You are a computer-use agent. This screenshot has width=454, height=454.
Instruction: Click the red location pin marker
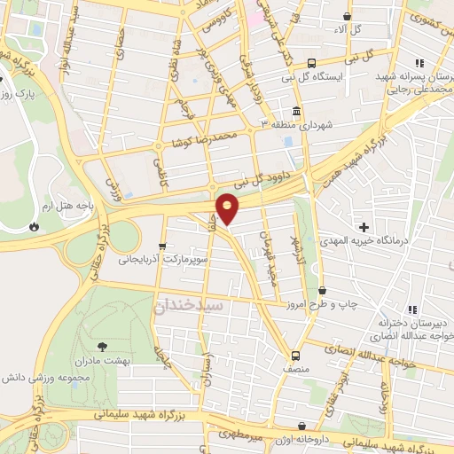[229, 210]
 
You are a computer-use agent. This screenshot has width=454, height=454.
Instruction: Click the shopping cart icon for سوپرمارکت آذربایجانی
[161, 247]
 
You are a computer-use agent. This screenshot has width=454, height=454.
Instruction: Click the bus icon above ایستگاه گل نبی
[311, 63]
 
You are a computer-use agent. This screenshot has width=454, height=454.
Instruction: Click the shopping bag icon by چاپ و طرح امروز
[322, 290]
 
